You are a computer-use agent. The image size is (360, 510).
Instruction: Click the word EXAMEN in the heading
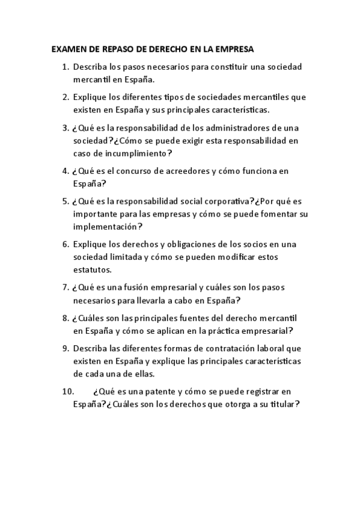coord(68,49)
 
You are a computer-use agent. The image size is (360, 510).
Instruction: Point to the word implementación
coord(105,227)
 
